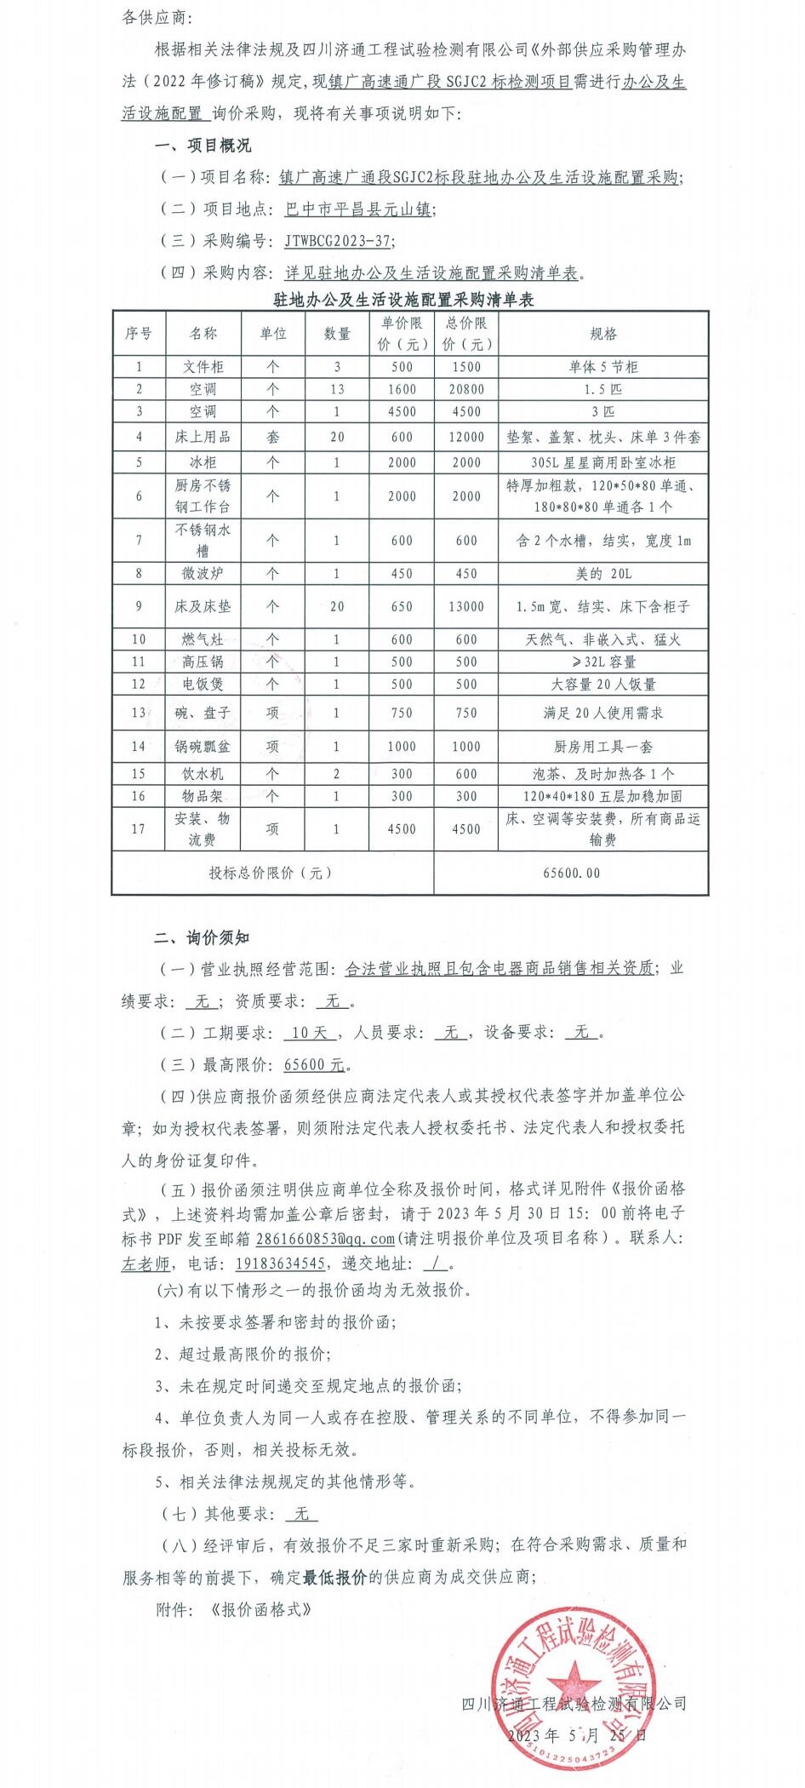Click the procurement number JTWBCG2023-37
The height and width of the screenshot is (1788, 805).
(339, 241)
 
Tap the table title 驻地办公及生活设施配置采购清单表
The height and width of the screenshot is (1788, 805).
(403, 300)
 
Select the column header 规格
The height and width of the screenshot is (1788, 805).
(603, 334)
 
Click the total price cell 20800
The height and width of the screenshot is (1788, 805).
(466, 389)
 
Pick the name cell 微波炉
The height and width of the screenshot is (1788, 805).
(203, 574)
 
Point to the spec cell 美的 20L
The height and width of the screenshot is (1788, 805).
(603, 574)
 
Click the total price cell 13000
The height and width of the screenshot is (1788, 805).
(466, 606)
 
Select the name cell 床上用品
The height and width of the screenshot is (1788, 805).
(203, 437)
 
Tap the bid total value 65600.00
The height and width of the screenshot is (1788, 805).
(571, 873)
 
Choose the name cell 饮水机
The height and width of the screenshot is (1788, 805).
(203, 774)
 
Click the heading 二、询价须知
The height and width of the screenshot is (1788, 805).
(202, 937)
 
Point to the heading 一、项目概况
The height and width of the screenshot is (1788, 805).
(203, 146)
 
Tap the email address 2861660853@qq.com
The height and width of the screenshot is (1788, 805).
(313, 1238)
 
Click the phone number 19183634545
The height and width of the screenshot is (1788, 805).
(280, 1264)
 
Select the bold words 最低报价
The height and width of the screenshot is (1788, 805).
(335, 1577)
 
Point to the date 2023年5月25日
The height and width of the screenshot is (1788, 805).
(577, 1734)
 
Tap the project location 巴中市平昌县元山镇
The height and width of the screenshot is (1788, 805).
(358, 209)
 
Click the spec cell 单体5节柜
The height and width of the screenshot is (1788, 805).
(603, 367)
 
